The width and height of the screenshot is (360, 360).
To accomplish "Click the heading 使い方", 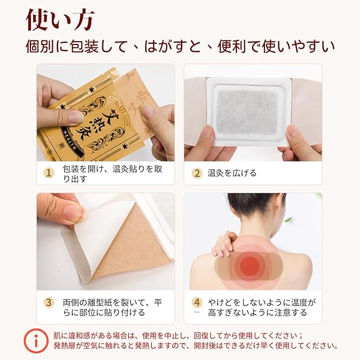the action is click(x=60, y=21).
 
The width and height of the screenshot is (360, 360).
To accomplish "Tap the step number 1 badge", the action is click(x=49, y=173).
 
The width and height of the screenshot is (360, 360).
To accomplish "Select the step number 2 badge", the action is click(x=197, y=173).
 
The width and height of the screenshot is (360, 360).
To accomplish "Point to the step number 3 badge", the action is click(x=49, y=302).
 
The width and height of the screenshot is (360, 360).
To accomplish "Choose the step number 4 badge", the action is click(x=197, y=303).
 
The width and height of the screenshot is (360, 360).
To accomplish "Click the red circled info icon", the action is click(x=36, y=341).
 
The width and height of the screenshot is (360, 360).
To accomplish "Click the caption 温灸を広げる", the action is click(x=232, y=173).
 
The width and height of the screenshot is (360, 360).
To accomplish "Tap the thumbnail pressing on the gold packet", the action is click(x=74, y=117).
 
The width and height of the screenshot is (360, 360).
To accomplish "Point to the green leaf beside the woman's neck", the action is click(x=287, y=220).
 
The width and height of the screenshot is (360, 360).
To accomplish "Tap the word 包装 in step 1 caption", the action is click(x=71, y=169).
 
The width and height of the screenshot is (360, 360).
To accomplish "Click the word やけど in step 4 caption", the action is click(x=220, y=303).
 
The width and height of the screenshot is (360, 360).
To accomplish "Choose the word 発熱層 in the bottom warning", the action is click(x=64, y=345).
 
